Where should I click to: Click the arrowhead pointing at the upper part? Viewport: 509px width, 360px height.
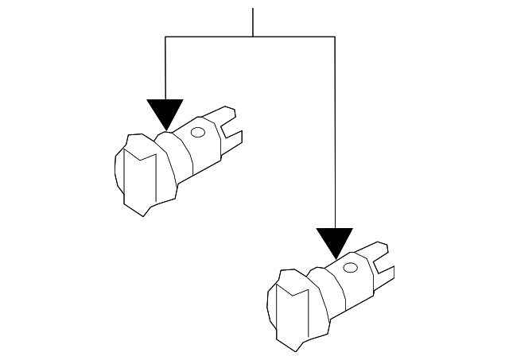click(x=165, y=113)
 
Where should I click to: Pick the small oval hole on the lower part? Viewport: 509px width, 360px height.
click(x=348, y=269)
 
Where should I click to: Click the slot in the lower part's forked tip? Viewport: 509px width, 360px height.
click(x=383, y=261)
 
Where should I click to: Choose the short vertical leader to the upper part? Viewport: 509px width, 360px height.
click(x=165, y=68)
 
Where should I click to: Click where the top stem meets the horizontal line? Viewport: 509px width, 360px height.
click(x=253, y=37)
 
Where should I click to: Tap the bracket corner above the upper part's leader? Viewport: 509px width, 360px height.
click(x=165, y=37)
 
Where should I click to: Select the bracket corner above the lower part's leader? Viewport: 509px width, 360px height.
click(x=334, y=37)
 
